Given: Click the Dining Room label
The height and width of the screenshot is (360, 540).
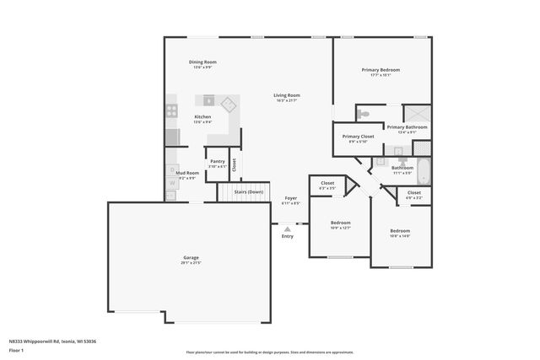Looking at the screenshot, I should (x=202, y=62).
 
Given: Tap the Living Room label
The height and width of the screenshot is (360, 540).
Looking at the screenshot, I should (x=287, y=95).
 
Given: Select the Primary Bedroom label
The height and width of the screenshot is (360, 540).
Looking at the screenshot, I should (x=381, y=70).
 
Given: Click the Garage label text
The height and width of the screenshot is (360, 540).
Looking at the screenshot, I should (x=191, y=257).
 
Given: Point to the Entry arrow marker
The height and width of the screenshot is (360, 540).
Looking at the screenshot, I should (x=288, y=228).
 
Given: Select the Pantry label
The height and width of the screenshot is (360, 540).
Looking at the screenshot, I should (x=217, y=160).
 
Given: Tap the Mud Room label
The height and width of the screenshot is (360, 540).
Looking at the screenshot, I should (x=186, y=173).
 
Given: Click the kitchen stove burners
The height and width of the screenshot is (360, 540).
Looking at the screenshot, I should (x=171, y=109).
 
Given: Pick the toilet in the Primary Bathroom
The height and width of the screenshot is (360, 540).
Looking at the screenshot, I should (x=364, y=114).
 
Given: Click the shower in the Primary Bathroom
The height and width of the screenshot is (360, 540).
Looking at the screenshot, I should (x=416, y=114).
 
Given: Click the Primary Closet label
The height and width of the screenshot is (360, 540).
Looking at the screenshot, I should (x=358, y=136).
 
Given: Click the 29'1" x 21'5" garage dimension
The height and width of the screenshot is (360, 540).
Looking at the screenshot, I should (x=191, y=263).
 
